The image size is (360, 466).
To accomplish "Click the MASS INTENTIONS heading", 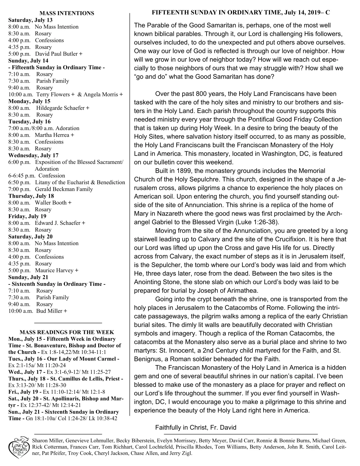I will coord(67,13).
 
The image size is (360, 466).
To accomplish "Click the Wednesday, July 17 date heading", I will coord(33,155).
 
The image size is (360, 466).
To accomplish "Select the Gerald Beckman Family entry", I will coord(64,189).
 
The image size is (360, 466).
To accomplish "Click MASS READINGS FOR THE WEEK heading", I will coord(67,332).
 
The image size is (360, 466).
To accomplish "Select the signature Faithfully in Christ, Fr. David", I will coord(196,427).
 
